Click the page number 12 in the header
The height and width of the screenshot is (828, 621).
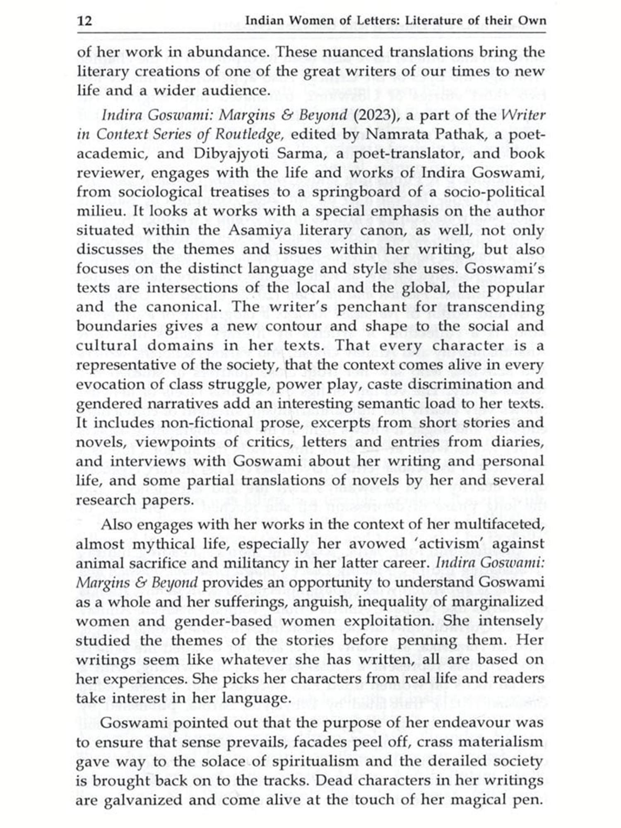[85, 21]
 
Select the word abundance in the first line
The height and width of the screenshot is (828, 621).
[227, 53]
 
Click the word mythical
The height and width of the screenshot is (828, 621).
[163, 544]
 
